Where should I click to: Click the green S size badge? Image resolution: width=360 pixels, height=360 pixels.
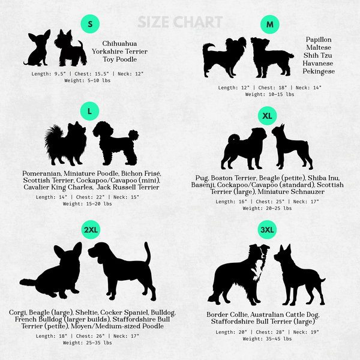pos(90,24)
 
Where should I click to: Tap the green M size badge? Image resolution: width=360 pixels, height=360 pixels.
pos(270,25)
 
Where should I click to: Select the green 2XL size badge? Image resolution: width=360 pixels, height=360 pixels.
pos(91,230)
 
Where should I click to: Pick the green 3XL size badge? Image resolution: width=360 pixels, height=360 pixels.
pos(267,230)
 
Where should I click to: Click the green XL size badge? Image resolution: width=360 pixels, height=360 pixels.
pos(267,116)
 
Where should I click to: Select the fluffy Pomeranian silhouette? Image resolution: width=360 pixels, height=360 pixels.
pos(65,145)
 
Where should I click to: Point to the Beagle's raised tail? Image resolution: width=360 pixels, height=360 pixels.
pos(148,254)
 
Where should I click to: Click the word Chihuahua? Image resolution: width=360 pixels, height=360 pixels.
pos(119,43)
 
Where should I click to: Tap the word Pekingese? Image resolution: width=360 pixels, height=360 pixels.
pos(319,71)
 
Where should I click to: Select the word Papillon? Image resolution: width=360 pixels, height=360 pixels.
pos(319,40)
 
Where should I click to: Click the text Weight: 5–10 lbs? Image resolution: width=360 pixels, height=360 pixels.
pos(87,80)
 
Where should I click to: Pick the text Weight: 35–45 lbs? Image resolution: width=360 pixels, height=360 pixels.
pos(267,339)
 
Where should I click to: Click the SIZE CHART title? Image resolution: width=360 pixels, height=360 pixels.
pos(180,22)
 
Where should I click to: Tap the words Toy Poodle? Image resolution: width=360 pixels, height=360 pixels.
pos(119,59)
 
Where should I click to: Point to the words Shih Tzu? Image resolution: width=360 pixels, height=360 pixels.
pos(318,55)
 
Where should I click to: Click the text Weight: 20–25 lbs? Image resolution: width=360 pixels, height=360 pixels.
pos(267,208)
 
